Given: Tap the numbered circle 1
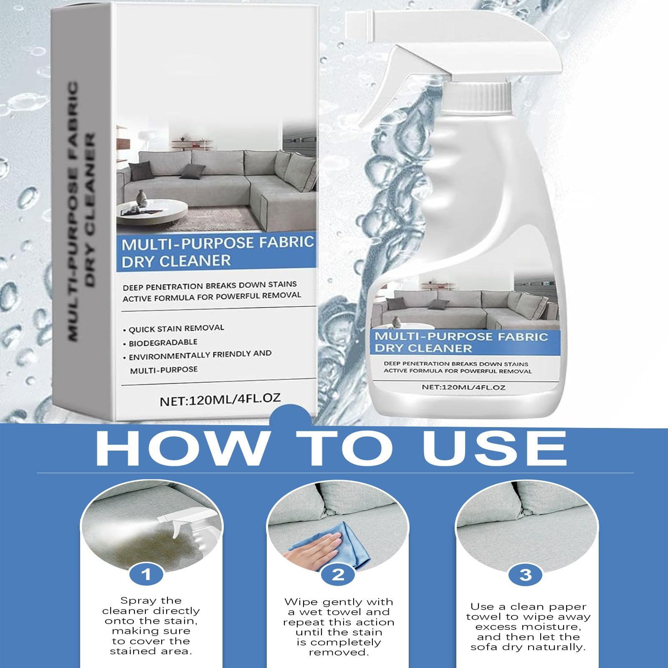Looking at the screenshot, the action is (146, 575).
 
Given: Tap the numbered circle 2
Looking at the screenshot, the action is (338, 575).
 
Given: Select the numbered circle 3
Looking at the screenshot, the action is (525, 575).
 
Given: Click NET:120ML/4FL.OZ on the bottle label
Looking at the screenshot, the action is (463, 387).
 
